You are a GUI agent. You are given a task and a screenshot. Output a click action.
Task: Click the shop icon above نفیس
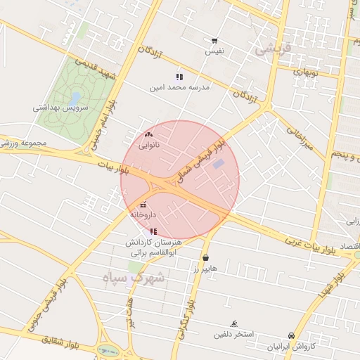click(x=214, y=41)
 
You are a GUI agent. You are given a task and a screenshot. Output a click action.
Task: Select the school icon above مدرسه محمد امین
click(x=179, y=77)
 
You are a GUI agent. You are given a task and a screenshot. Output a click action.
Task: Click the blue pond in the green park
click(x=75, y=98)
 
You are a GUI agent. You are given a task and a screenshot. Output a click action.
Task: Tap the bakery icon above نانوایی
click(x=148, y=134)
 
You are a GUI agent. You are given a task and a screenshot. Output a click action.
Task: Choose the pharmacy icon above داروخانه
click(x=144, y=205)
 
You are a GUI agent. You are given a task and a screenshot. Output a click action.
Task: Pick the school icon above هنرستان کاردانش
click(x=153, y=231)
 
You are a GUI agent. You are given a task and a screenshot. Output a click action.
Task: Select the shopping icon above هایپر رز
click(x=205, y=257)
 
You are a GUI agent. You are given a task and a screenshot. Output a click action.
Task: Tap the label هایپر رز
click(x=205, y=269)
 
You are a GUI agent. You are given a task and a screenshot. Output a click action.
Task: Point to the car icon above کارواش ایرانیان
click(x=291, y=335)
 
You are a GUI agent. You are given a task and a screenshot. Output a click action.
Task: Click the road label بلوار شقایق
click(x=57, y=341)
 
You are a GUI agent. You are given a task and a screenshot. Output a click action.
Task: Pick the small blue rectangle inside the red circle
click(x=219, y=164)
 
